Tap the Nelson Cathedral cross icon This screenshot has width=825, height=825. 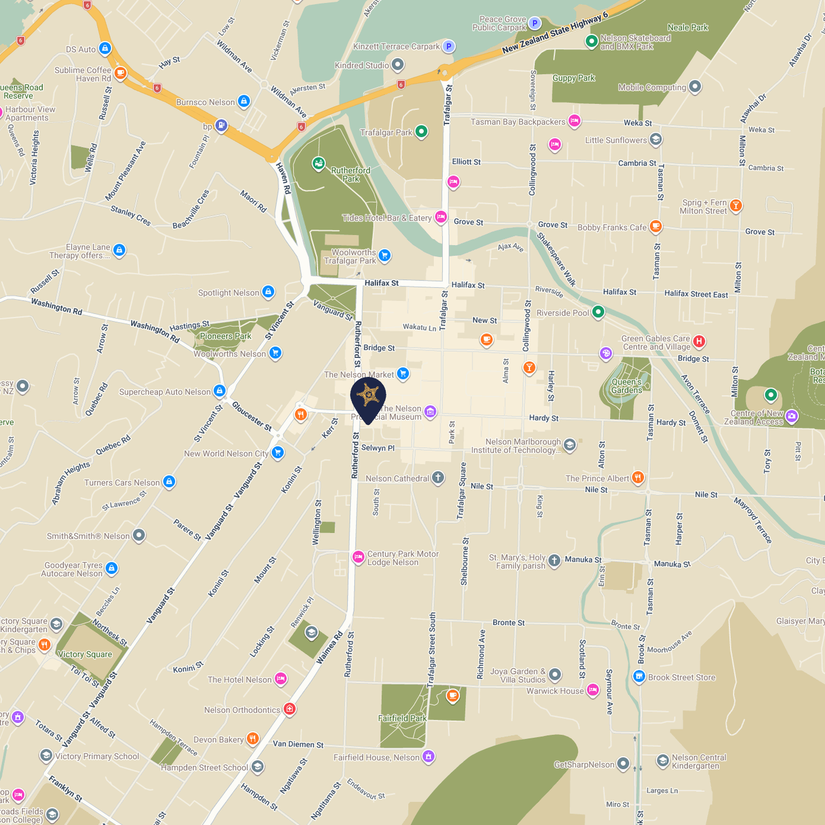click(x=438, y=477)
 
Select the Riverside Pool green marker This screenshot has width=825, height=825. click(x=598, y=312)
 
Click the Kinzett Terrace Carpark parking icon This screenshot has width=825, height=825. click(x=449, y=46)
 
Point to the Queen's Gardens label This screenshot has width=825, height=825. click(x=626, y=386)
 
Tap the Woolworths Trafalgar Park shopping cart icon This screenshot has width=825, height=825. click(x=385, y=255)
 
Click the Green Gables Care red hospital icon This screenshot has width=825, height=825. click(x=699, y=342)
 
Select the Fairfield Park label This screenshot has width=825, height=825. click(x=402, y=718)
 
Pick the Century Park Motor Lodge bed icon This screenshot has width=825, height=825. click(x=358, y=557)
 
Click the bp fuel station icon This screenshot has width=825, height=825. click(x=221, y=125)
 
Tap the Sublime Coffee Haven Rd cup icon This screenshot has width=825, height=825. click(x=120, y=73)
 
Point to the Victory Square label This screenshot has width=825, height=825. click(x=85, y=654)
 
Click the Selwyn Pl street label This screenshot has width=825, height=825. click(x=378, y=448)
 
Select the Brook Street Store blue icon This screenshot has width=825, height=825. click(x=639, y=676)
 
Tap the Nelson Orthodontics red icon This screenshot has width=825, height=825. click(x=290, y=709)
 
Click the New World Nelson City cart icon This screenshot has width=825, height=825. click(x=278, y=452)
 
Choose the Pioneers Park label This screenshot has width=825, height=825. click(x=225, y=336)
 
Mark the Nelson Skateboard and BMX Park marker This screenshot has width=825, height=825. click(x=592, y=41)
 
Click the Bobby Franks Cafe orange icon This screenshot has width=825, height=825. click(x=655, y=226)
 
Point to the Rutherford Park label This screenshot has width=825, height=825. click(x=351, y=174)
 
